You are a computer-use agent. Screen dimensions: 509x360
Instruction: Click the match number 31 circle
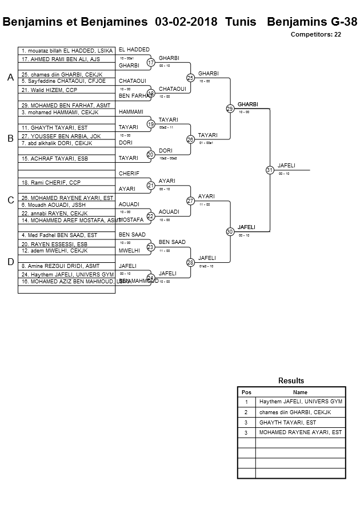coord(270,170)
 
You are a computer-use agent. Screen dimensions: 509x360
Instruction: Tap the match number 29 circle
coord(230,109)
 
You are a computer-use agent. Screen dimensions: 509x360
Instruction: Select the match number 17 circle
coord(151,62)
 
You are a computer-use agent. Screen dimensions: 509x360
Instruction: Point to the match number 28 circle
coord(190,262)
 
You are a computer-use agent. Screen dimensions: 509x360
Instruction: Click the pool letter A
coord(10,78)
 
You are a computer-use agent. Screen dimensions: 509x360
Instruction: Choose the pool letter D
coord(10,262)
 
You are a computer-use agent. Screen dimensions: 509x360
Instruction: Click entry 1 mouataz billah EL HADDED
coord(67,51)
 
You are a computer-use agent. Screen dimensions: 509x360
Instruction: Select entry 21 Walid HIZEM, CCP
coord(49,90)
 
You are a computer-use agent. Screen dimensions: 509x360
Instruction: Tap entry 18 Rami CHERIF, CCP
coord(51,182)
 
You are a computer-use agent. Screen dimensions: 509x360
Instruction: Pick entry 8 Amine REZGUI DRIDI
coord(60,266)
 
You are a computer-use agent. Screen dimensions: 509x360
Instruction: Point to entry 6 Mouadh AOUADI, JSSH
coord(54,205)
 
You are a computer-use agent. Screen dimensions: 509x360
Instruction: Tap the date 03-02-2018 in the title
coord(186,22)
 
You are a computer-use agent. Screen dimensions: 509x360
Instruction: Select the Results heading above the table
coord(291,380)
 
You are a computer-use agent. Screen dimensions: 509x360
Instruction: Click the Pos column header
coord(246,392)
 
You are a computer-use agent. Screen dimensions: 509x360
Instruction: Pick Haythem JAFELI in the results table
coord(301,402)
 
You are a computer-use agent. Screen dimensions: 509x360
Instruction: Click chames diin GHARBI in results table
coord(295,412)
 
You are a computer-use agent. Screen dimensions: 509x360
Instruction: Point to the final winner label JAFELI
coord(287,165)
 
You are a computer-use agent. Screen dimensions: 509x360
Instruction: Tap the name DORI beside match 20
coord(165,150)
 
